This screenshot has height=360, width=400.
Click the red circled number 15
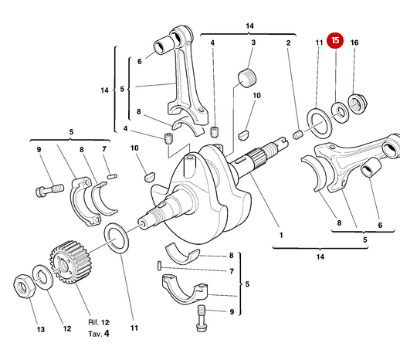335,41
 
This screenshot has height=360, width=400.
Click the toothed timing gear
68,263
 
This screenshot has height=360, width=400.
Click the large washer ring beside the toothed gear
115,237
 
